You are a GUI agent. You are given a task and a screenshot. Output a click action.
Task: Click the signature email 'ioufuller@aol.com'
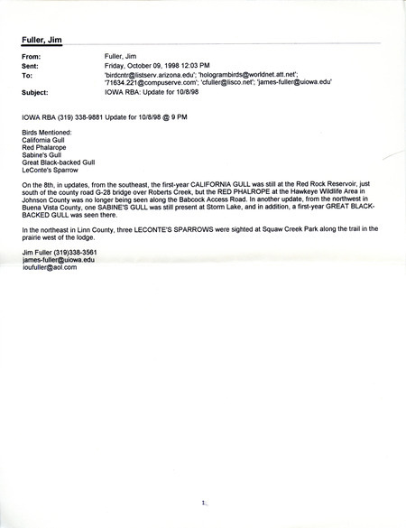[x=50, y=267]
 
